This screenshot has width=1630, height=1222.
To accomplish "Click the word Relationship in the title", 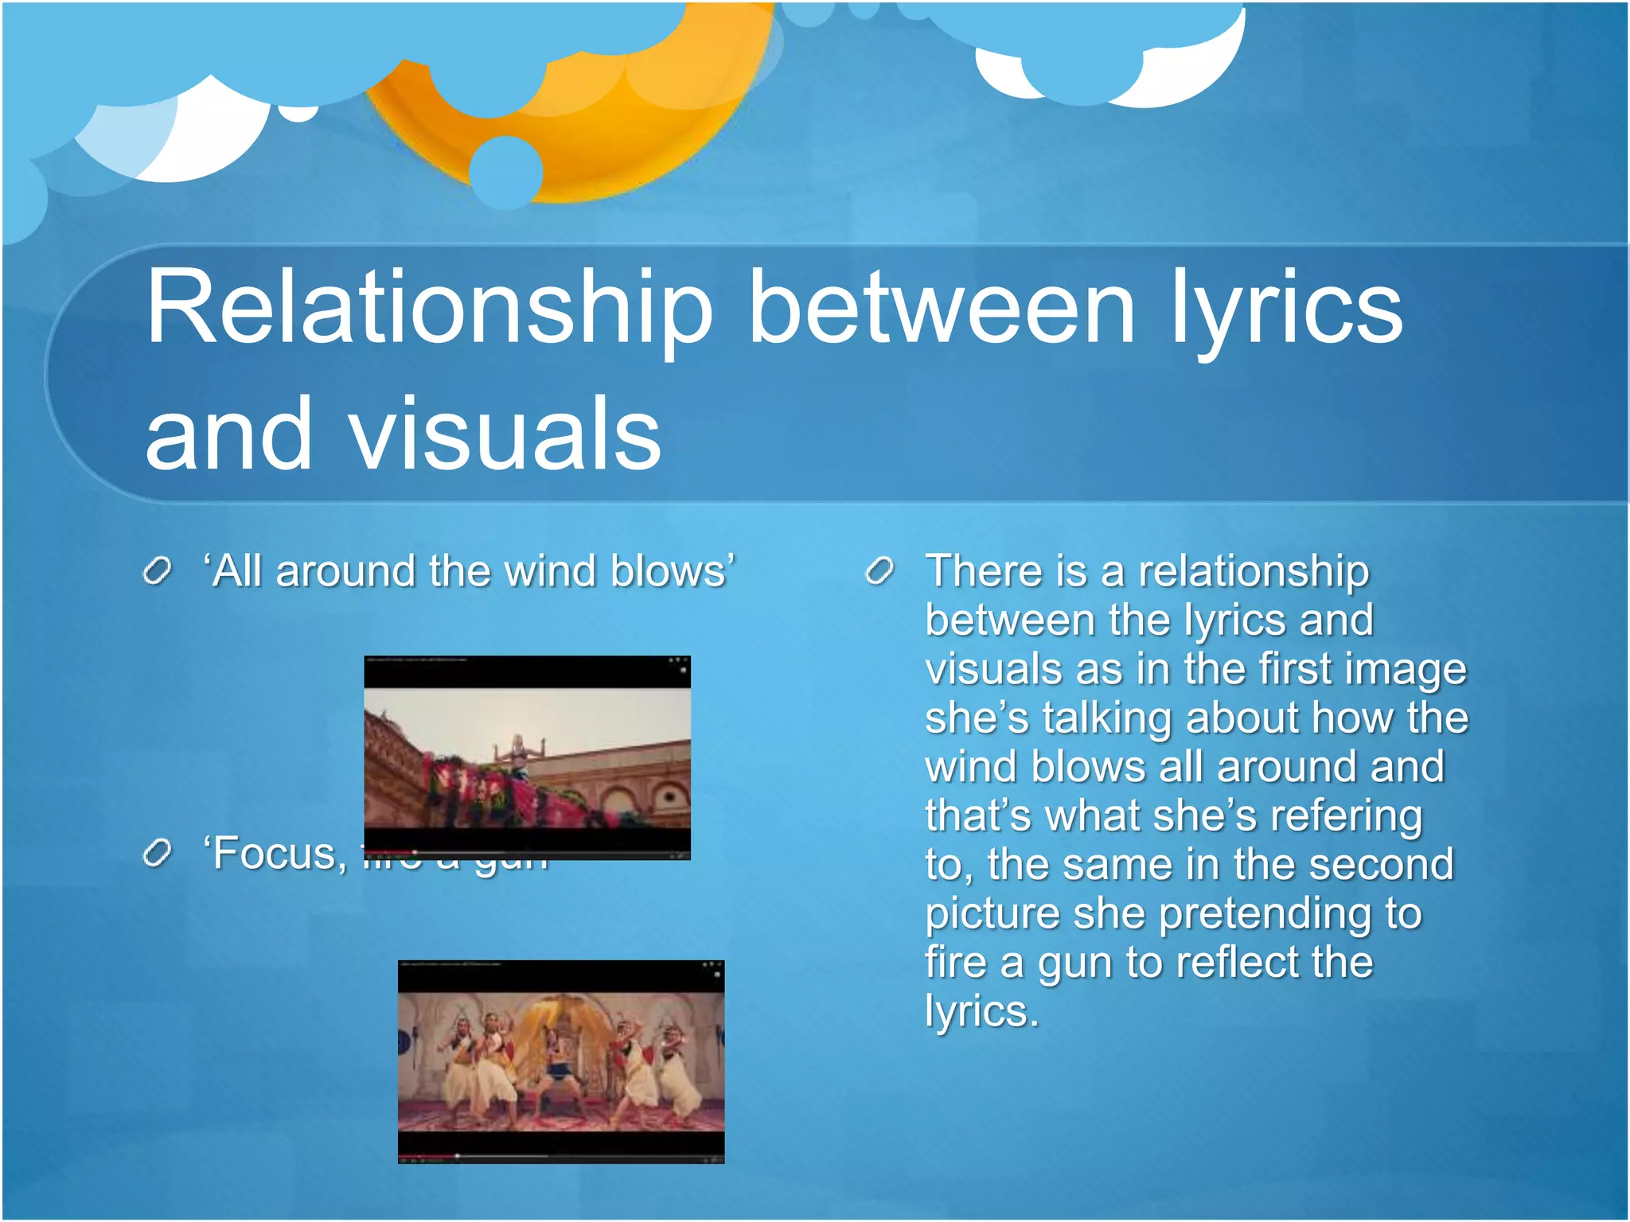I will point(430,310).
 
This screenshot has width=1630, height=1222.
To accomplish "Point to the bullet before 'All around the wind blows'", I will point(158,570).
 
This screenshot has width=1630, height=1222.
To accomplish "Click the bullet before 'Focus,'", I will point(158,854).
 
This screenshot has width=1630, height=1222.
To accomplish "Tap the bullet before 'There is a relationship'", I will point(880,570).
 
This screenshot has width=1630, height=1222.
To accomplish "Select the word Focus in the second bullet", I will point(275,854).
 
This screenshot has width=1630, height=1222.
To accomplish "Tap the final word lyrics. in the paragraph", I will point(981,1011).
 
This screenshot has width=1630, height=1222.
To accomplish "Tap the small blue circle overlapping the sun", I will point(505,172).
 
